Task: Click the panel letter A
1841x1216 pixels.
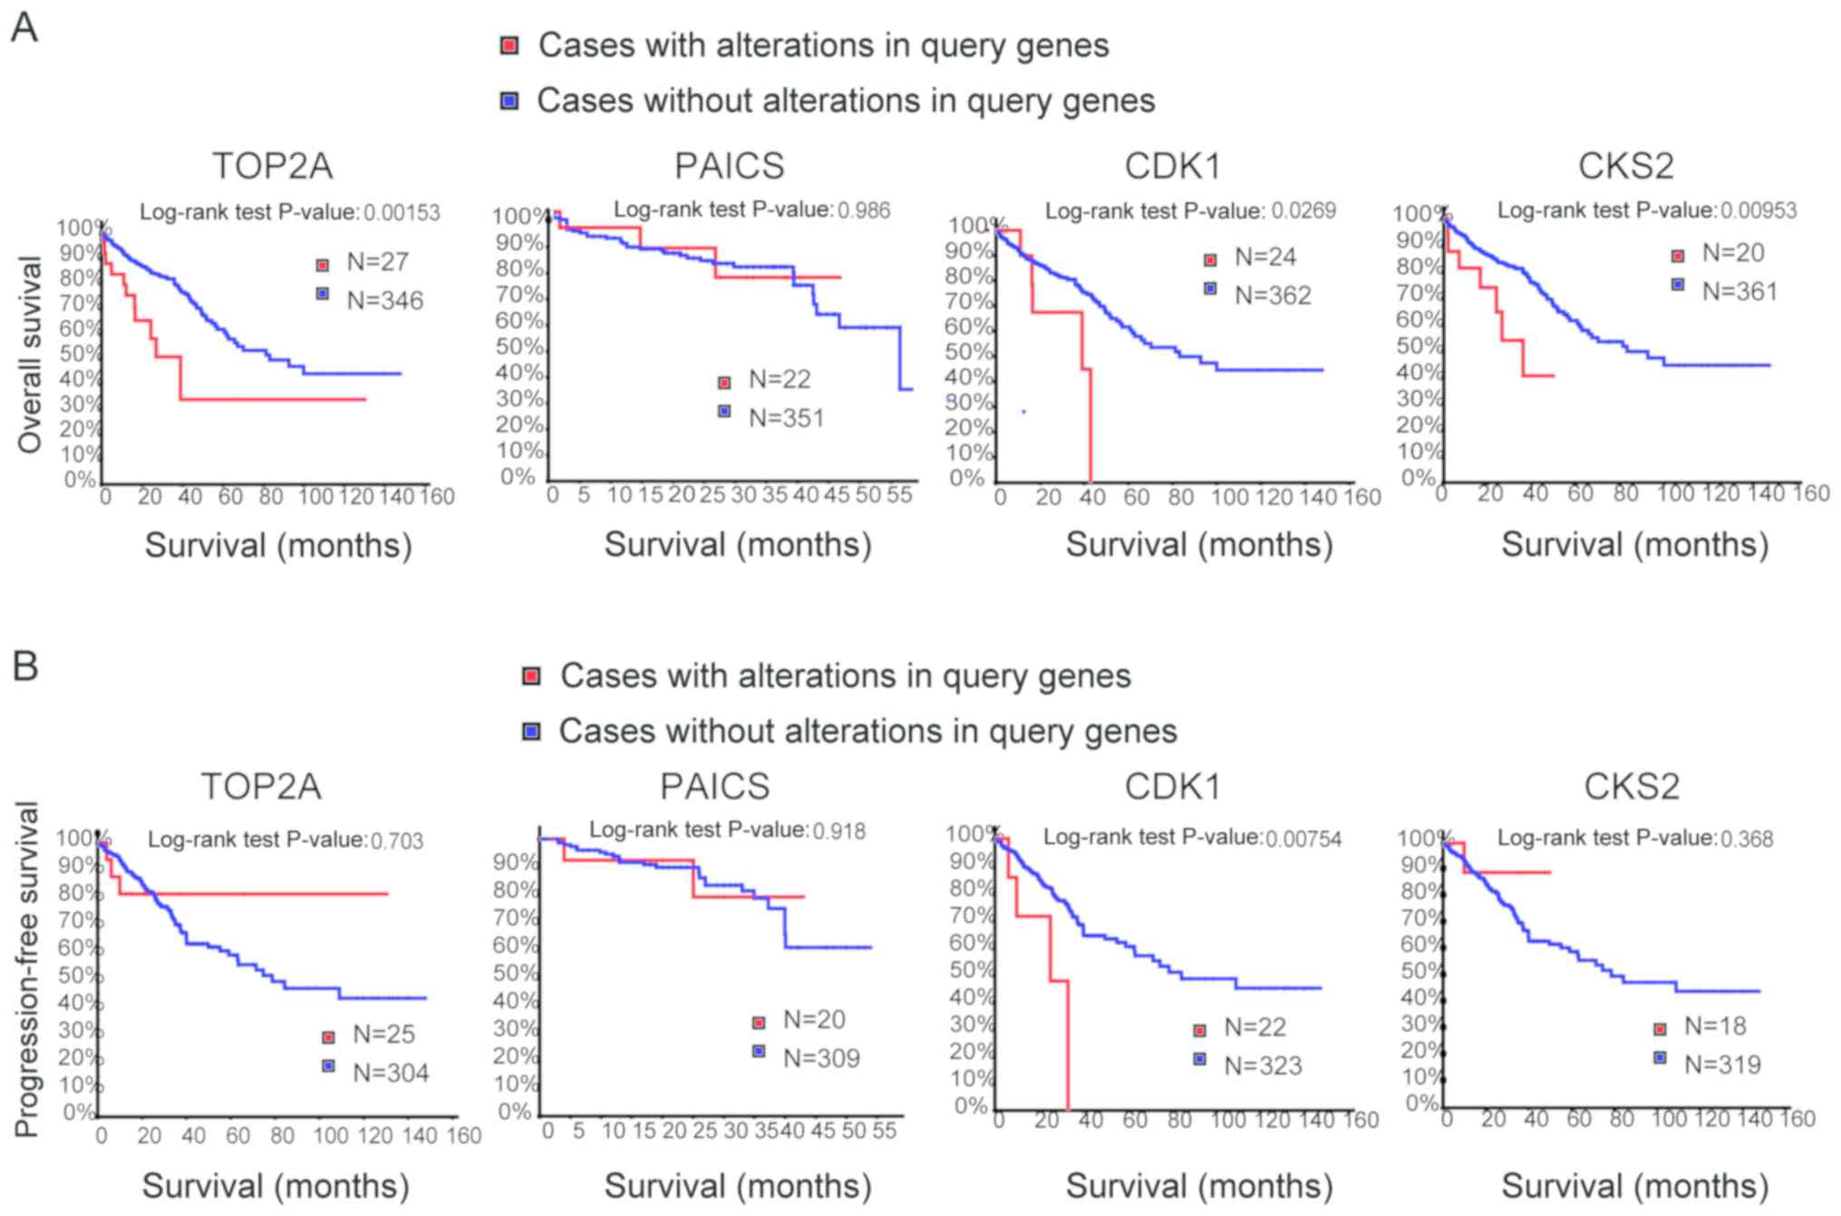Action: [x=24, y=27]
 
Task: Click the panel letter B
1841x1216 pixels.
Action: [x=25, y=665]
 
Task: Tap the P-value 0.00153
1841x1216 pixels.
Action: [x=402, y=213]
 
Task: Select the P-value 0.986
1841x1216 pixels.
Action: [x=863, y=210]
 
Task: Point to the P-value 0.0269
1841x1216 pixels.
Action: [x=1303, y=211]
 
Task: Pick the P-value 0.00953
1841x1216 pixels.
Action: [x=1758, y=210]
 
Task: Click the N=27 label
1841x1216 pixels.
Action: [x=377, y=262]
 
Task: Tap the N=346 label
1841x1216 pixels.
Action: [x=384, y=300]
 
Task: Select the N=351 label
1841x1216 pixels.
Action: [x=786, y=418]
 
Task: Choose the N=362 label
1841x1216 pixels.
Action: [x=1273, y=295]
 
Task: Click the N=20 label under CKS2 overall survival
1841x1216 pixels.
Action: [x=1732, y=252]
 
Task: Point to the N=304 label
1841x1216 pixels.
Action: [x=391, y=1073]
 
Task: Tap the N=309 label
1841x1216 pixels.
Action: [x=821, y=1057]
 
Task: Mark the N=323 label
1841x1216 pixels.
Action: [x=1263, y=1065]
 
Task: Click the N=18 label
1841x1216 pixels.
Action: [x=1715, y=1026]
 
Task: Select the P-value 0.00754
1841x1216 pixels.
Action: [x=1303, y=839]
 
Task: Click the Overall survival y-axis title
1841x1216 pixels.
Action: [x=30, y=354]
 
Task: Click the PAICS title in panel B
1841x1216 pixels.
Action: [x=714, y=786]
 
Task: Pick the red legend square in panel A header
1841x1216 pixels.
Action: [x=510, y=45]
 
